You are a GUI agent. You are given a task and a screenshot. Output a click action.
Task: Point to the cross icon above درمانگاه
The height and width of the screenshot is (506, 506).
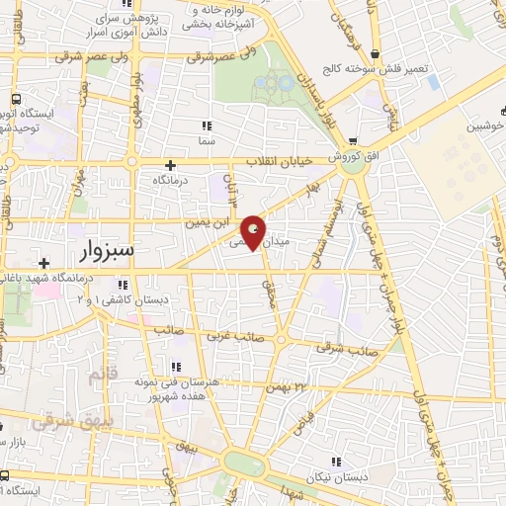170,165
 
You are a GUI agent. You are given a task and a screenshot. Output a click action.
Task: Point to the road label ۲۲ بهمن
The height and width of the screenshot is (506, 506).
289,386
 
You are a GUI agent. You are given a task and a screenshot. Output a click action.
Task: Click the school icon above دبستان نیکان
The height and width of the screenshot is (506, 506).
337,462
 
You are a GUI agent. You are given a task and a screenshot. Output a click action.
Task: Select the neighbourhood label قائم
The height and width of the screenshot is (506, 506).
103,376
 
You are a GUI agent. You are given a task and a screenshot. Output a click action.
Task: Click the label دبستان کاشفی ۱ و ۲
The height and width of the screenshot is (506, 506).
138,298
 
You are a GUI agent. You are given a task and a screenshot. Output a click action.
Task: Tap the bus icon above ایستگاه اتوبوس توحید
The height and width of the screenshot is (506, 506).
16,100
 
